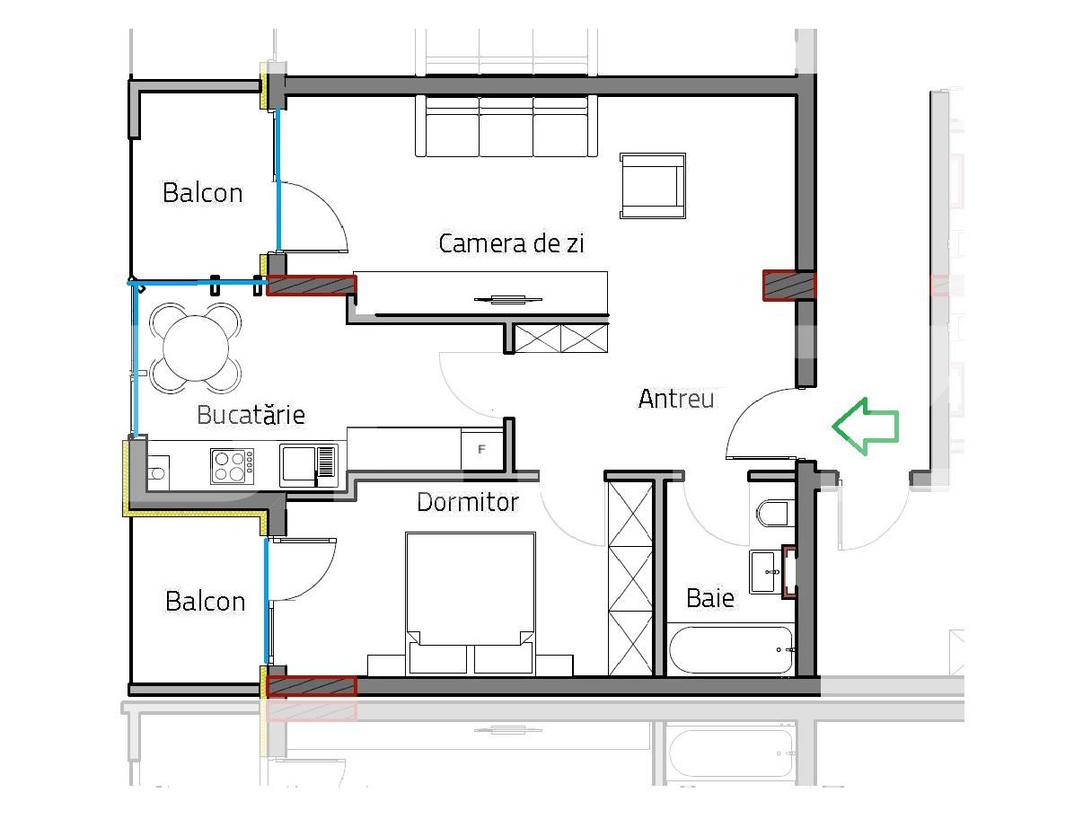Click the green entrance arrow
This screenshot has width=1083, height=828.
[865, 426]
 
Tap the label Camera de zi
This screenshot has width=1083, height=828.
[511, 243]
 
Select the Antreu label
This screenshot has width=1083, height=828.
[675, 399]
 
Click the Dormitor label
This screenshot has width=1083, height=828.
[467, 502]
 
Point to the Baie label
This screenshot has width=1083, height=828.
[709, 598]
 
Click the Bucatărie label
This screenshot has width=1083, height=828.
[251, 415]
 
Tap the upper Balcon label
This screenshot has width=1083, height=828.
[202, 193]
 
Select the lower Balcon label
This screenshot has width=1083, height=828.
[205, 602]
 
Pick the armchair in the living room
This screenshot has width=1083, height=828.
[653, 186]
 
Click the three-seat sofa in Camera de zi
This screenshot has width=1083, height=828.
[506, 127]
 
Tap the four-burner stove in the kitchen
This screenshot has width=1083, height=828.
[232, 466]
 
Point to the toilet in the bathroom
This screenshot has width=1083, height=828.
[773, 513]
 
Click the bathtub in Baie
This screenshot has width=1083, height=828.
[731, 649]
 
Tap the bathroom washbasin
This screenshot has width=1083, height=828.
[765, 571]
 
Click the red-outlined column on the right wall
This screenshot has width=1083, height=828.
[788, 286]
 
